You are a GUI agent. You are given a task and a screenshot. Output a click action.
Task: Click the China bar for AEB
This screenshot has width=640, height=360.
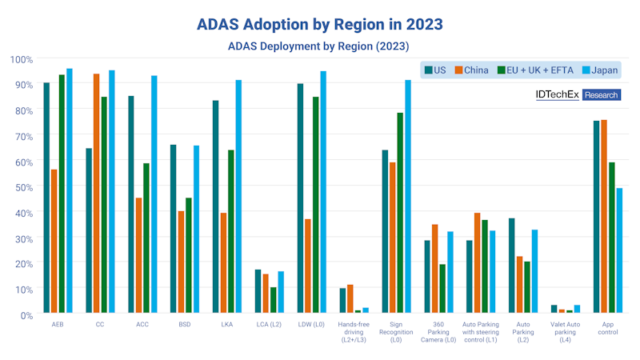(x=54, y=241)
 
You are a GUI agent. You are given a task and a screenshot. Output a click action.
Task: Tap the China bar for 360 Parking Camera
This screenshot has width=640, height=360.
(x=434, y=269)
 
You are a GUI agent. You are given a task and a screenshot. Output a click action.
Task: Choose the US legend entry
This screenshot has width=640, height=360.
(x=438, y=70)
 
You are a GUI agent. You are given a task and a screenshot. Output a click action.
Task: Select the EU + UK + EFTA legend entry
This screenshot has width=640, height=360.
(x=534, y=70)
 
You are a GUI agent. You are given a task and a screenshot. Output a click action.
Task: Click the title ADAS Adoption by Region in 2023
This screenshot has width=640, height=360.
(x=320, y=25)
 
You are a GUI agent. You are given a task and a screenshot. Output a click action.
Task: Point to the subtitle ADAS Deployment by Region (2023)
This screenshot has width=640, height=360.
(x=320, y=46)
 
